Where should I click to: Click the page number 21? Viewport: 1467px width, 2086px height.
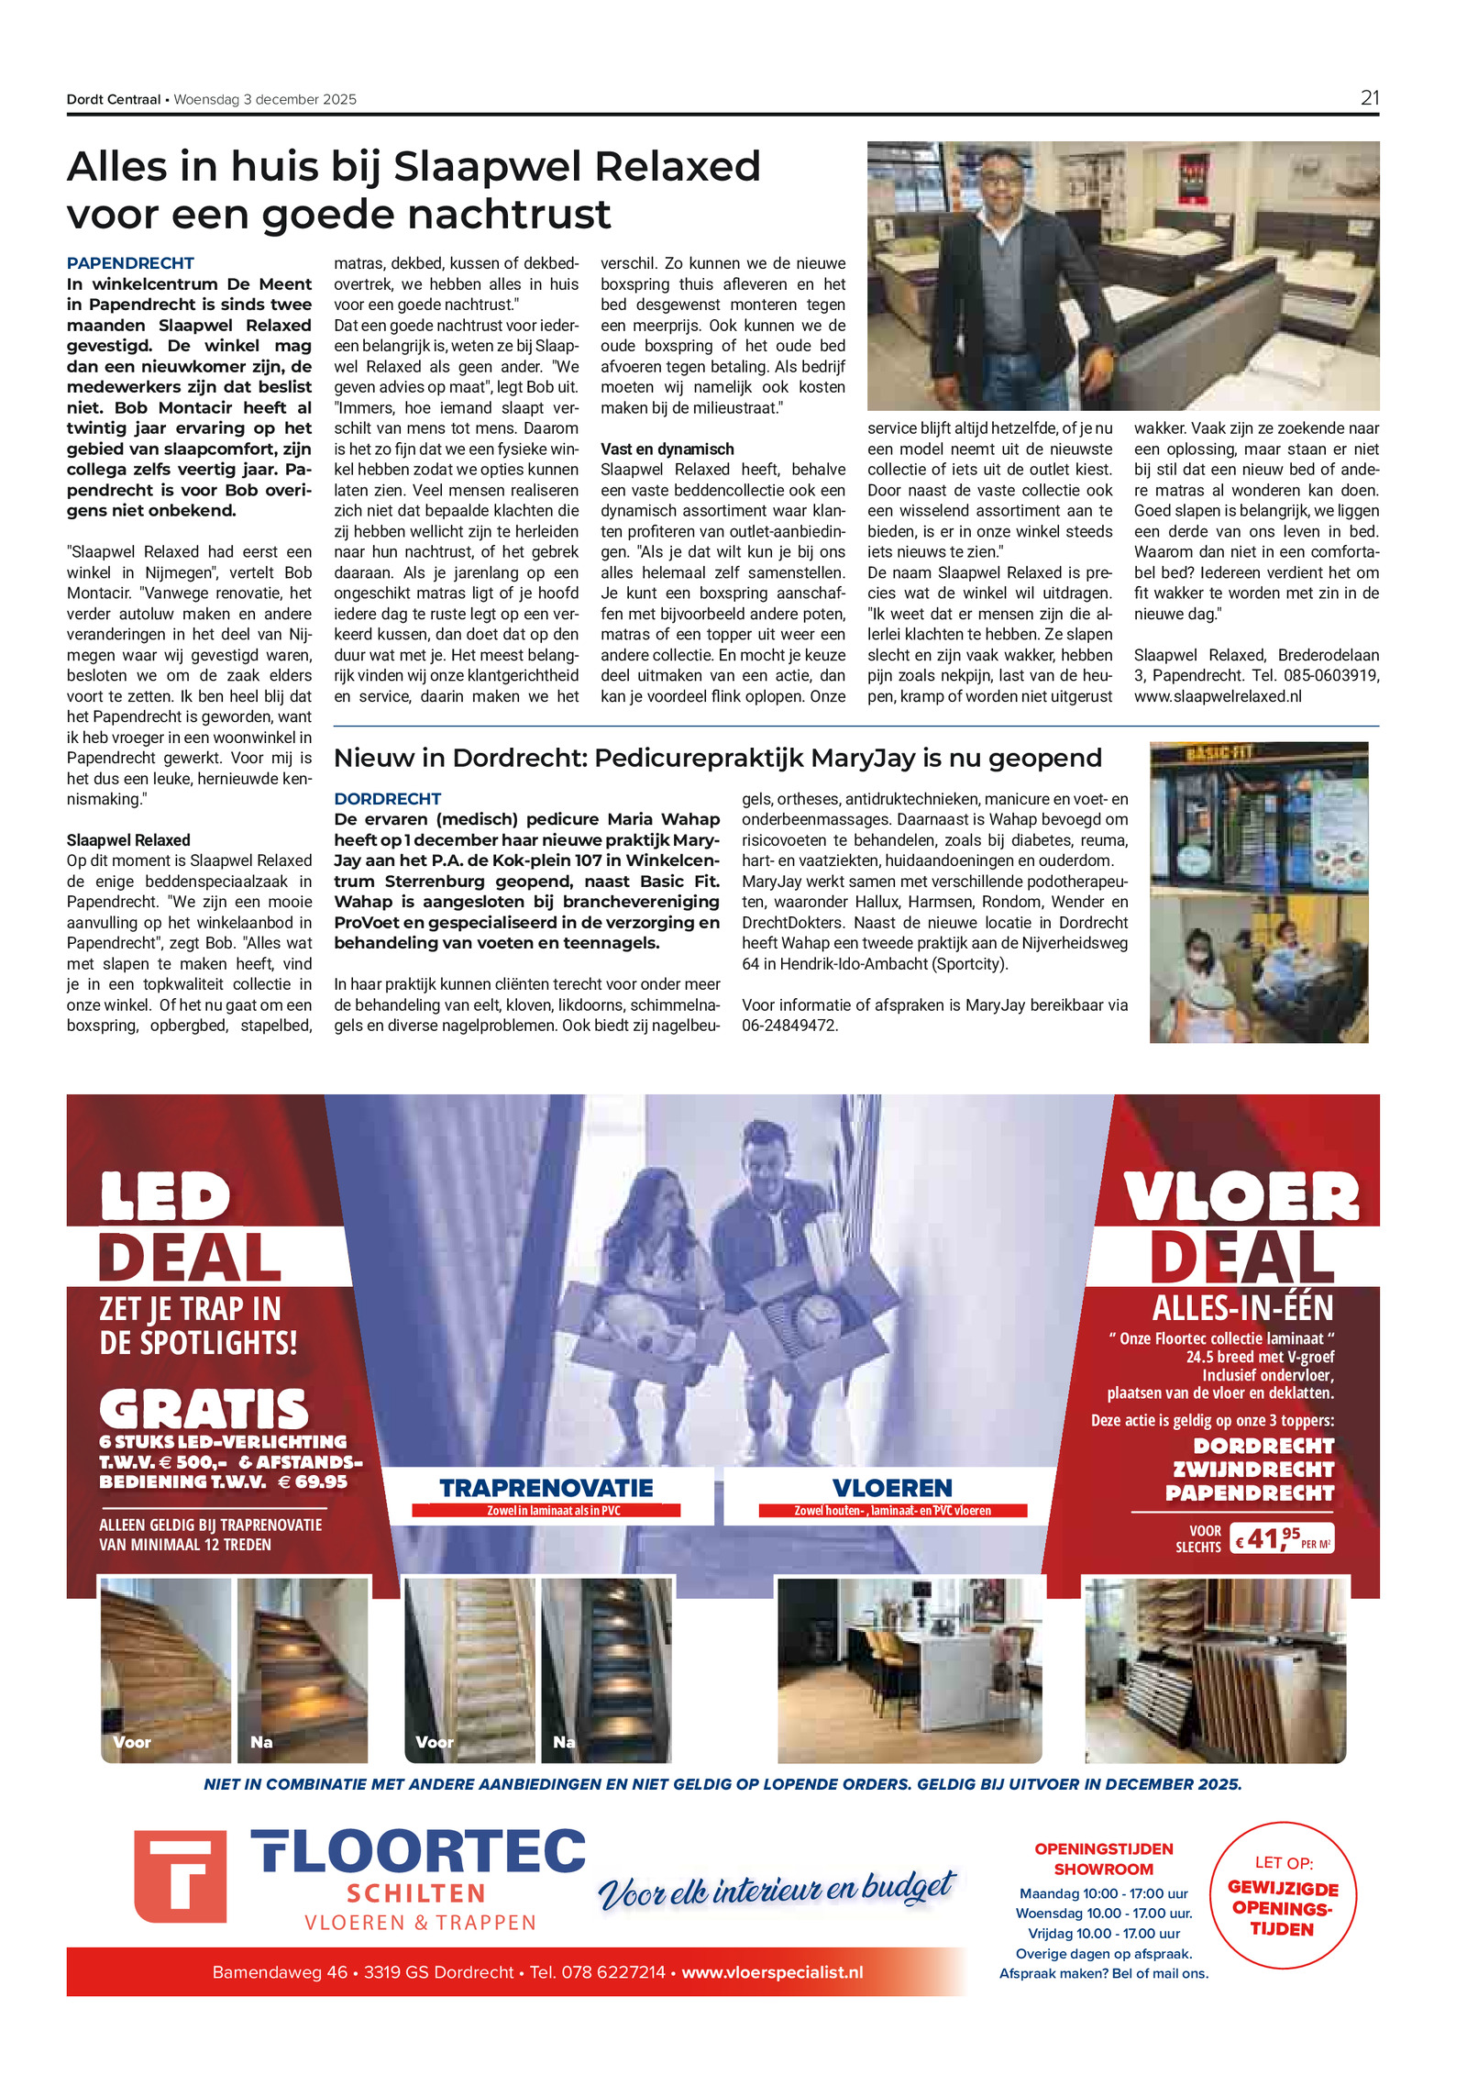(x=1369, y=98)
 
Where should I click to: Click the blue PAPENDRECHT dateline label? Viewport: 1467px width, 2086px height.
(x=130, y=263)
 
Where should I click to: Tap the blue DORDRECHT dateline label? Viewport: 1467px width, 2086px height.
(x=387, y=799)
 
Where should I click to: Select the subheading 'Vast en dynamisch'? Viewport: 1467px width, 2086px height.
(x=667, y=449)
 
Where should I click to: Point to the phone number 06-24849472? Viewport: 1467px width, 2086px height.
(x=789, y=1026)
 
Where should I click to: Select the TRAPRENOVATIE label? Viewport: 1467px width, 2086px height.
(x=546, y=1488)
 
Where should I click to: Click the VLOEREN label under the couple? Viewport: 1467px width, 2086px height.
(x=892, y=1488)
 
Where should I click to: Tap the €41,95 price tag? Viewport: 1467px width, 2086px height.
(x=1281, y=1538)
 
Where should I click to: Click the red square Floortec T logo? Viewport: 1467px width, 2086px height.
(x=180, y=1876)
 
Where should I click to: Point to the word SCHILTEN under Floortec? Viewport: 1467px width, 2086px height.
(x=416, y=1893)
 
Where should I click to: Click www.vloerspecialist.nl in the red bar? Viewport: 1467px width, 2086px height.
(x=772, y=1972)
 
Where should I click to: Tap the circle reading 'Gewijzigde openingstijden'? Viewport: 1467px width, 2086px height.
(x=1282, y=1896)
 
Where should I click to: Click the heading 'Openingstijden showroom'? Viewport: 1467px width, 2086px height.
(x=1103, y=1859)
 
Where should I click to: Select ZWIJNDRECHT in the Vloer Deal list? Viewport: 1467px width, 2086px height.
(x=1252, y=1470)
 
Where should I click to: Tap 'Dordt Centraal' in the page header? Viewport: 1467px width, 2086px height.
(x=113, y=99)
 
